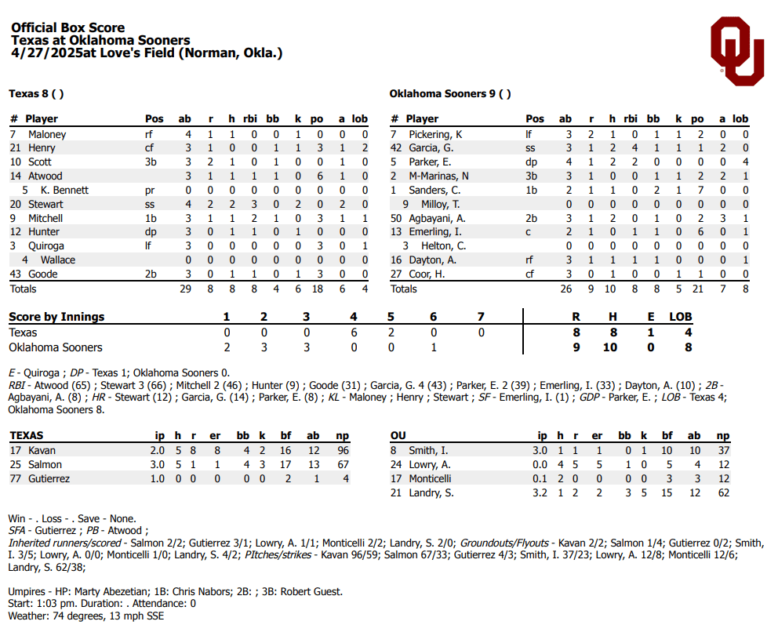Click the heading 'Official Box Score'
tap(67, 27)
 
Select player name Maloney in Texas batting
tap(47, 134)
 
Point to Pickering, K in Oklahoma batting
tap(436, 134)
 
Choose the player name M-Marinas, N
tap(439, 176)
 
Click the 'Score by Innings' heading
tap(56, 317)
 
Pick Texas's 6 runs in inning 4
tap(354, 332)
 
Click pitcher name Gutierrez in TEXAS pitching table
tap(49, 478)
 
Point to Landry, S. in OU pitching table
tap(431, 492)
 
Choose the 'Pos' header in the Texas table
tap(155, 118)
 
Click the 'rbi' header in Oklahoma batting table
tap(631, 118)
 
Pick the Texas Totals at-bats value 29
tap(185, 289)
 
